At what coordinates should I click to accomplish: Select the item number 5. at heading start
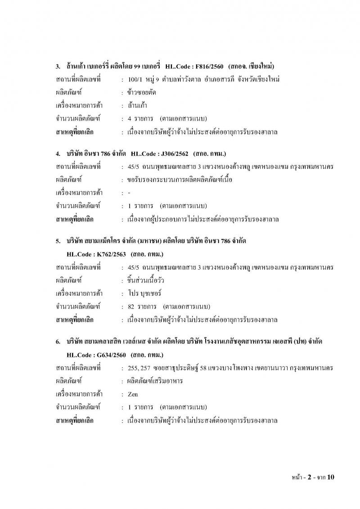(x=58, y=242)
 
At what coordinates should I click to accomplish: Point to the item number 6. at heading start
(x=58, y=342)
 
